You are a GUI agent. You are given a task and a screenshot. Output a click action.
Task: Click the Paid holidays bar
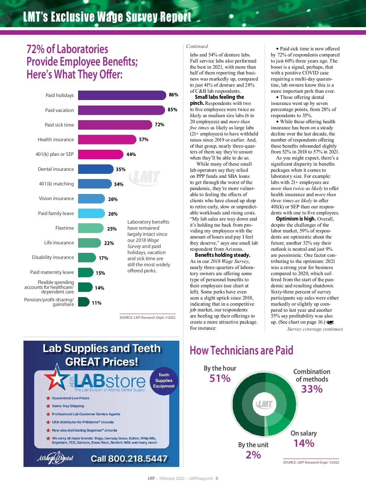click(x=122, y=95)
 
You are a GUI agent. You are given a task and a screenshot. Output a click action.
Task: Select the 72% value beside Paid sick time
click(x=160, y=125)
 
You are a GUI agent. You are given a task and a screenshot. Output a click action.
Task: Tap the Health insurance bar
click(x=107, y=140)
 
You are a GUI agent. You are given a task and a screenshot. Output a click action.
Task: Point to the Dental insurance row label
click(x=56, y=169)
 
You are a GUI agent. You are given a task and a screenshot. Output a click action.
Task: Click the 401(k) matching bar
click(x=95, y=184)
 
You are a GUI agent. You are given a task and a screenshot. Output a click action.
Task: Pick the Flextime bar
click(x=91, y=228)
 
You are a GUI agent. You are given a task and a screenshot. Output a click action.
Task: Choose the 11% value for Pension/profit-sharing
click(x=96, y=303)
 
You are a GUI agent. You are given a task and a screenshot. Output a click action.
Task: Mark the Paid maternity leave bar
click(x=86, y=272)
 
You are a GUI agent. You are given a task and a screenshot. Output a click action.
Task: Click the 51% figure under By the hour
click(x=220, y=379)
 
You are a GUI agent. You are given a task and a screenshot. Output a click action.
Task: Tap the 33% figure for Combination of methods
click(x=312, y=389)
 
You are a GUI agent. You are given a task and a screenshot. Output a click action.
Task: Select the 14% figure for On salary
click(x=304, y=443)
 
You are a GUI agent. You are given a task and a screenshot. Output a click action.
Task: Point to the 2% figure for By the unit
click(x=253, y=455)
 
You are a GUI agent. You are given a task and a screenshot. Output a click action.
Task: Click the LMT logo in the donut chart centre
click(x=264, y=404)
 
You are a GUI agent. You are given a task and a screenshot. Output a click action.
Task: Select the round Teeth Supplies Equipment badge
click(x=164, y=381)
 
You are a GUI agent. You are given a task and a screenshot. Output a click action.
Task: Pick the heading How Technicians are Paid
click(x=241, y=350)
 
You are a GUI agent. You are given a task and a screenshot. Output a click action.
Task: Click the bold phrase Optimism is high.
click(x=296, y=219)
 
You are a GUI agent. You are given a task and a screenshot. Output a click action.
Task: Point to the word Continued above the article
click(x=197, y=46)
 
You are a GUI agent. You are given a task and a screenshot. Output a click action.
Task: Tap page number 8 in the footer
click(x=217, y=479)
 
